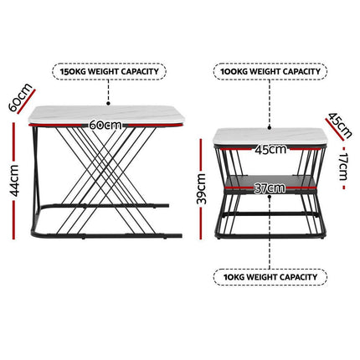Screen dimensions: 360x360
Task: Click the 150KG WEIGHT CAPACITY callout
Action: pyautogui.click(x=109, y=71)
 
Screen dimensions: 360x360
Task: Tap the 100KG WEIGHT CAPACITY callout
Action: pyautogui.click(x=270, y=71)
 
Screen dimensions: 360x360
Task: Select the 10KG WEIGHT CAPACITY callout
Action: pyautogui.click(x=270, y=277)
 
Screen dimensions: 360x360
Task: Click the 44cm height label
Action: pyautogui.click(x=13, y=181)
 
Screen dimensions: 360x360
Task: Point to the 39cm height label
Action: pyautogui.click(x=201, y=188)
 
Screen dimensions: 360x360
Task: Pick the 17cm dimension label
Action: pyautogui.click(x=343, y=167)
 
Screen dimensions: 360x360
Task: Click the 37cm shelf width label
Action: pyautogui.click(x=270, y=188)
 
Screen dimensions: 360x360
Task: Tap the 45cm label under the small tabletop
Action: pyautogui.click(x=270, y=150)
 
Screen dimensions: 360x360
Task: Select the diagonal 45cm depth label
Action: pyautogui.click(x=340, y=125)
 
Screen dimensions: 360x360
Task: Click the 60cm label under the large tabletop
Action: pyautogui.click(x=105, y=125)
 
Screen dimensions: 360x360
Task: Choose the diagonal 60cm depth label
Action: pyautogui.click(x=19, y=97)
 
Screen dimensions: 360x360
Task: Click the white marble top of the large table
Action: pyautogui.click(x=106, y=115)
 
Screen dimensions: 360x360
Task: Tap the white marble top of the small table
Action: pyautogui.click(x=270, y=136)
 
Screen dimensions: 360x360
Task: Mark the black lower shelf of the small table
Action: pyautogui.click(x=270, y=182)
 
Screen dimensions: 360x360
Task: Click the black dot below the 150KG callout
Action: pyautogui.click(x=108, y=104)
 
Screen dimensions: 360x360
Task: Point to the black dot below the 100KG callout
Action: pyautogui.click(x=270, y=127)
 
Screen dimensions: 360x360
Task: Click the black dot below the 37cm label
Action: pyautogui.click(x=270, y=197)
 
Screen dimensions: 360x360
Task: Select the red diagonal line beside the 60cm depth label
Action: pyautogui.click(x=27, y=101)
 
